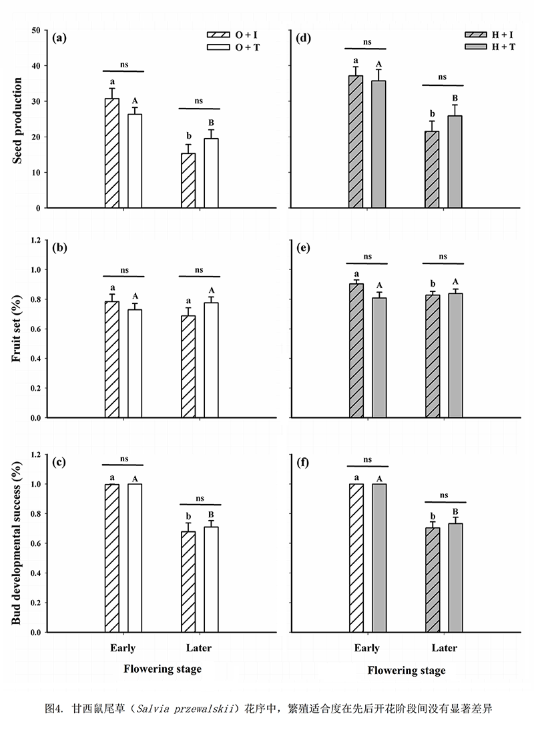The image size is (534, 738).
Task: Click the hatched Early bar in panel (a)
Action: [112, 153]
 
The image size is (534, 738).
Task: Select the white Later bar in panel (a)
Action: [211, 173]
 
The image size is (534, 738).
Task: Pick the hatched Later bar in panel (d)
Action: [433, 169]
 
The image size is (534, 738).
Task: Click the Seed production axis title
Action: [18, 119]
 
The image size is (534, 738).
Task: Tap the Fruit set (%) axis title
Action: [18, 330]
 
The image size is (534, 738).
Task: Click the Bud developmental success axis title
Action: [18, 543]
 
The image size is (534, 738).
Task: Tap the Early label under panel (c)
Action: [123, 648]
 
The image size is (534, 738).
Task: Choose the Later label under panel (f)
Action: [445, 648]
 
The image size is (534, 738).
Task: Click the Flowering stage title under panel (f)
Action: [406, 669]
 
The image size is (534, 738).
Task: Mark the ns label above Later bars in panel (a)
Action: [199, 101]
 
